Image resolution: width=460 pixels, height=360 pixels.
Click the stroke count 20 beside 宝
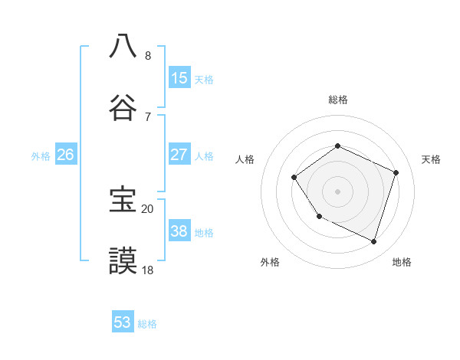pyautogui.click(x=147, y=208)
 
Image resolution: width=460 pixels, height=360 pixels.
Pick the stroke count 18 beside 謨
pyautogui.click(x=147, y=270)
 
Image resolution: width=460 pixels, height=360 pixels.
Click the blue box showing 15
pyautogui.click(x=179, y=77)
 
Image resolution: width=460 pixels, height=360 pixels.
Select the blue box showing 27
pyautogui.click(x=179, y=154)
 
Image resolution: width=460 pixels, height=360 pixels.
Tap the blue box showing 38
pyautogui.click(x=179, y=231)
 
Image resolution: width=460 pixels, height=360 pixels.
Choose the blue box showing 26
pyautogui.click(x=66, y=154)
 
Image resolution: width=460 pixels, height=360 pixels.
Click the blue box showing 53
pyautogui.click(x=123, y=322)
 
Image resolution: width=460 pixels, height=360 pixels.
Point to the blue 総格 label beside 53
pyautogui.click(x=147, y=324)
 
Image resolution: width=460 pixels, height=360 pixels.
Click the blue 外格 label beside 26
pyautogui.click(x=41, y=155)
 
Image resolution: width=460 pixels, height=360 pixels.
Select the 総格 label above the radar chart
pyautogui.click(x=338, y=100)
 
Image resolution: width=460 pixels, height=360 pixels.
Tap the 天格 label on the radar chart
pyautogui.click(x=431, y=159)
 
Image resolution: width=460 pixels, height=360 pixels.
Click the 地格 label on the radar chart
pyautogui.click(x=402, y=262)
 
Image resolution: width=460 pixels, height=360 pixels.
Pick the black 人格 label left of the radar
pyautogui.click(x=245, y=159)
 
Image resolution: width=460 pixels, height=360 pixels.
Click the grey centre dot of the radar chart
pyautogui.click(x=338, y=191)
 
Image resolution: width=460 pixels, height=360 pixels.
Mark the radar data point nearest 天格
pyautogui.click(x=396, y=172)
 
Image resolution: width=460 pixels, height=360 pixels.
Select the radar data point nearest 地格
pyautogui.click(x=374, y=242)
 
